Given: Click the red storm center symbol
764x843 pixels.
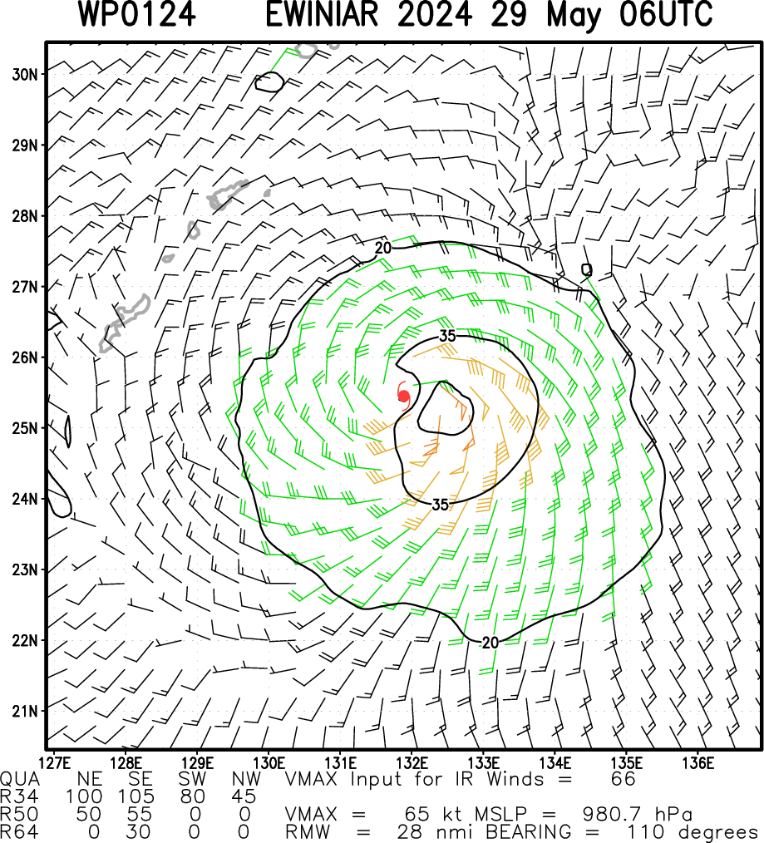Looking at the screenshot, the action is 404,397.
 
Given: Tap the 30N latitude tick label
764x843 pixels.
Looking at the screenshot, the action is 25,74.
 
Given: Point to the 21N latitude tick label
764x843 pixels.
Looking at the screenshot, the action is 25,712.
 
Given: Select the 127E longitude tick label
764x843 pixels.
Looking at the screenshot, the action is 55,763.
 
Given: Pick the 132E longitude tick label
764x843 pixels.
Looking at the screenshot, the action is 412,763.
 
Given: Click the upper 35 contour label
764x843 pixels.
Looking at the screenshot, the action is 447,336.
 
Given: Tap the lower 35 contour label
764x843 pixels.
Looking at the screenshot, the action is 441,505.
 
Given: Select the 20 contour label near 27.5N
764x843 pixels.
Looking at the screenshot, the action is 382,248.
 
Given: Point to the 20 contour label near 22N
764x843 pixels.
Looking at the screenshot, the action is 490,643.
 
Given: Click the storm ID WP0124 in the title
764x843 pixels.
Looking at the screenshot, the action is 136,14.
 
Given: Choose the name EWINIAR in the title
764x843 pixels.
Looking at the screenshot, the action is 322,14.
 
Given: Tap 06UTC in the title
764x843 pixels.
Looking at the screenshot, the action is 666,14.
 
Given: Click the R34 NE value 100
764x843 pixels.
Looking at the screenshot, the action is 85,796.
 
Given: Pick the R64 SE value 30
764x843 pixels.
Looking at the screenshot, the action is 138,831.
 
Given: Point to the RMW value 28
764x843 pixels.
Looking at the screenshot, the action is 409,831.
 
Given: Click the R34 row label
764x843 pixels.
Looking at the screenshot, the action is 19,796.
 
